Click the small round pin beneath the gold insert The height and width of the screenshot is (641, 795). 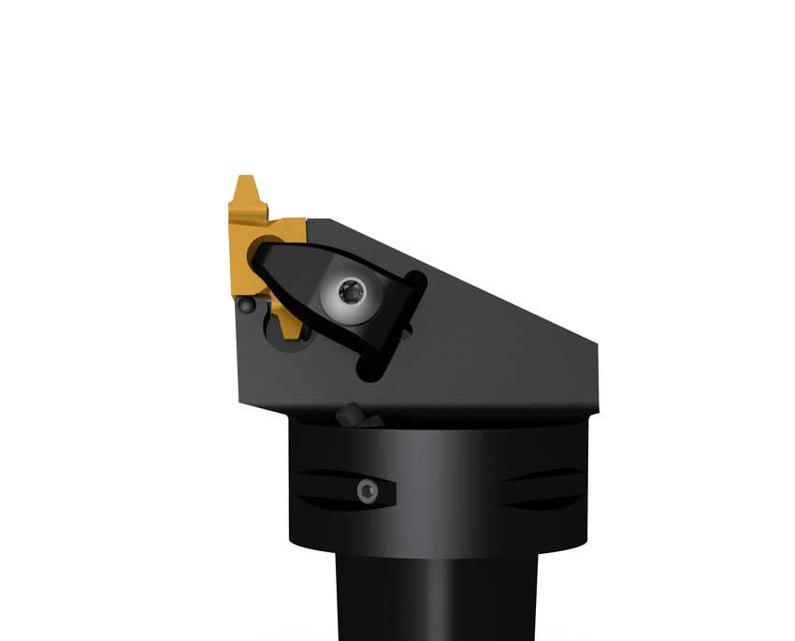246,305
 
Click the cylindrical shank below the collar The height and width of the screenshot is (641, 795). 421,599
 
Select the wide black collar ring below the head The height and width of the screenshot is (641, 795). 440,487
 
